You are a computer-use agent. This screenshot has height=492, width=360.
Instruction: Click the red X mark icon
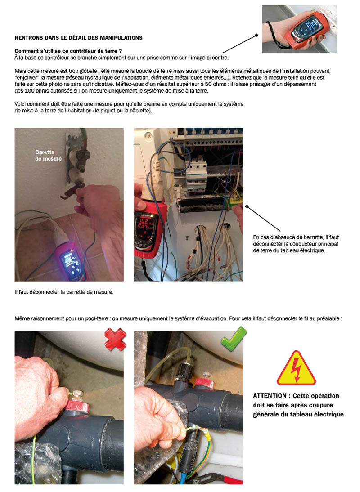[116, 340]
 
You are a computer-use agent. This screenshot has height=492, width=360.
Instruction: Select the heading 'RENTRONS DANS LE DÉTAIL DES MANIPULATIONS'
[79, 37]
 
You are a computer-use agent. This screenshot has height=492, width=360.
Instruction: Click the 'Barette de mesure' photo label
[48, 156]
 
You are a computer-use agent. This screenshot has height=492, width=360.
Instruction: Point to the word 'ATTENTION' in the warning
[270, 396]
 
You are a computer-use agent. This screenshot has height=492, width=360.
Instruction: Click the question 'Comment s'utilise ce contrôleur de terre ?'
[68, 52]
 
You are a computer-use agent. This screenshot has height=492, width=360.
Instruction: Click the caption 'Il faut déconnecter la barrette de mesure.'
[64, 292]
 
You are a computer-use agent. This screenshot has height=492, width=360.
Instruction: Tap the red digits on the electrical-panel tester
[145, 223]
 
